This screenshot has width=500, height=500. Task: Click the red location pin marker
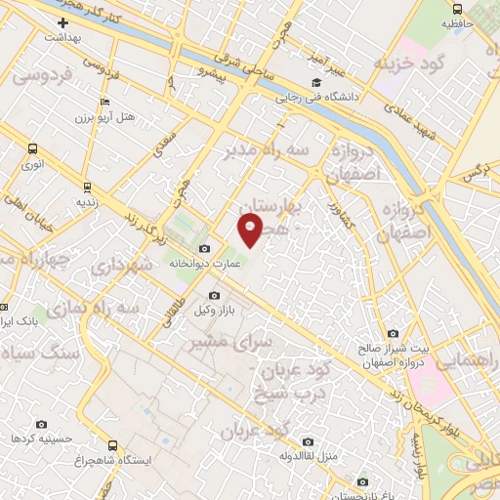[x=251, y=230]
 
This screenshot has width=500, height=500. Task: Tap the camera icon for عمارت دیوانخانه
[x=205, y=247]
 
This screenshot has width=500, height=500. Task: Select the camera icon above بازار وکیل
[x=215, y=295]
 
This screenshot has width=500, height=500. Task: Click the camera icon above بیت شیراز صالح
[x=393, y=333]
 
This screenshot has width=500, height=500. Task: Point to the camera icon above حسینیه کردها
[x=41, y=424]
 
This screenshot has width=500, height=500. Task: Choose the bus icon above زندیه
[x=87, y=186]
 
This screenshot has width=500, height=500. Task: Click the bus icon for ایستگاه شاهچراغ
[x=112, y=444]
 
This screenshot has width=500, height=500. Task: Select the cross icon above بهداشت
[x=63, y=21]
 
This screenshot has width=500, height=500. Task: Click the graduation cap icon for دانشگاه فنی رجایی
[x=315, y=83]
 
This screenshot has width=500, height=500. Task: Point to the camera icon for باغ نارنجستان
[x=363, y=480]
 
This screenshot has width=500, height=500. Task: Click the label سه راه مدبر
[x=269, y=151]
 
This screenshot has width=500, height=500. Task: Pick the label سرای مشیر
[x=220, y=343]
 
